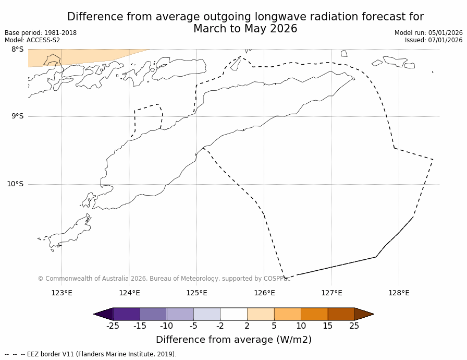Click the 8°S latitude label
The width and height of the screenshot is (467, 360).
click(x=17, y=50)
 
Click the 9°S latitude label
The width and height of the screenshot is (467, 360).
click(x=17, y=116)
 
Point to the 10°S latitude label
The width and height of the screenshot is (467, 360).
click(x=15, y=184)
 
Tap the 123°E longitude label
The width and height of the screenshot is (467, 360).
click(x=62, y=293)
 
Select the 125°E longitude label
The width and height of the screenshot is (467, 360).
click(x=196, y=293)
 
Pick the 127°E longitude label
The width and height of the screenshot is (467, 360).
click(x=331, y=293)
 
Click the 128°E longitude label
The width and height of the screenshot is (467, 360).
click(x=399, y=293)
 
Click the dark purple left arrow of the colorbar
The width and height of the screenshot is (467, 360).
click(x=104, y=314)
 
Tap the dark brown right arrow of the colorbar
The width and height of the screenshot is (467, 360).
click(x=364, y=314)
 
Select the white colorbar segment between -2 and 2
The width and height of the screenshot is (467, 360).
click(x=233, y=314)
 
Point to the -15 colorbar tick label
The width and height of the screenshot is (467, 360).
click(x=140, y=326)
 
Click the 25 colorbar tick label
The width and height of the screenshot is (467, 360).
click(x=354, y=326)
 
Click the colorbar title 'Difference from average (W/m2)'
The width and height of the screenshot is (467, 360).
click(x=233, y=340)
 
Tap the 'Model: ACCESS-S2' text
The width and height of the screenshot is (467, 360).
click(x=32, y=40)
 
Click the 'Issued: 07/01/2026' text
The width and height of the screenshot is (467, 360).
click(x=434, y=40)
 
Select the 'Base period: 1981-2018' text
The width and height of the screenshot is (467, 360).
click(x=41, y=33)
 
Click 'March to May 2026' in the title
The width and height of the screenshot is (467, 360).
click(x=245, y=29)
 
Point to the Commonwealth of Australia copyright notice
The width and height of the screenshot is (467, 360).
click(x=164, y=279)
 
